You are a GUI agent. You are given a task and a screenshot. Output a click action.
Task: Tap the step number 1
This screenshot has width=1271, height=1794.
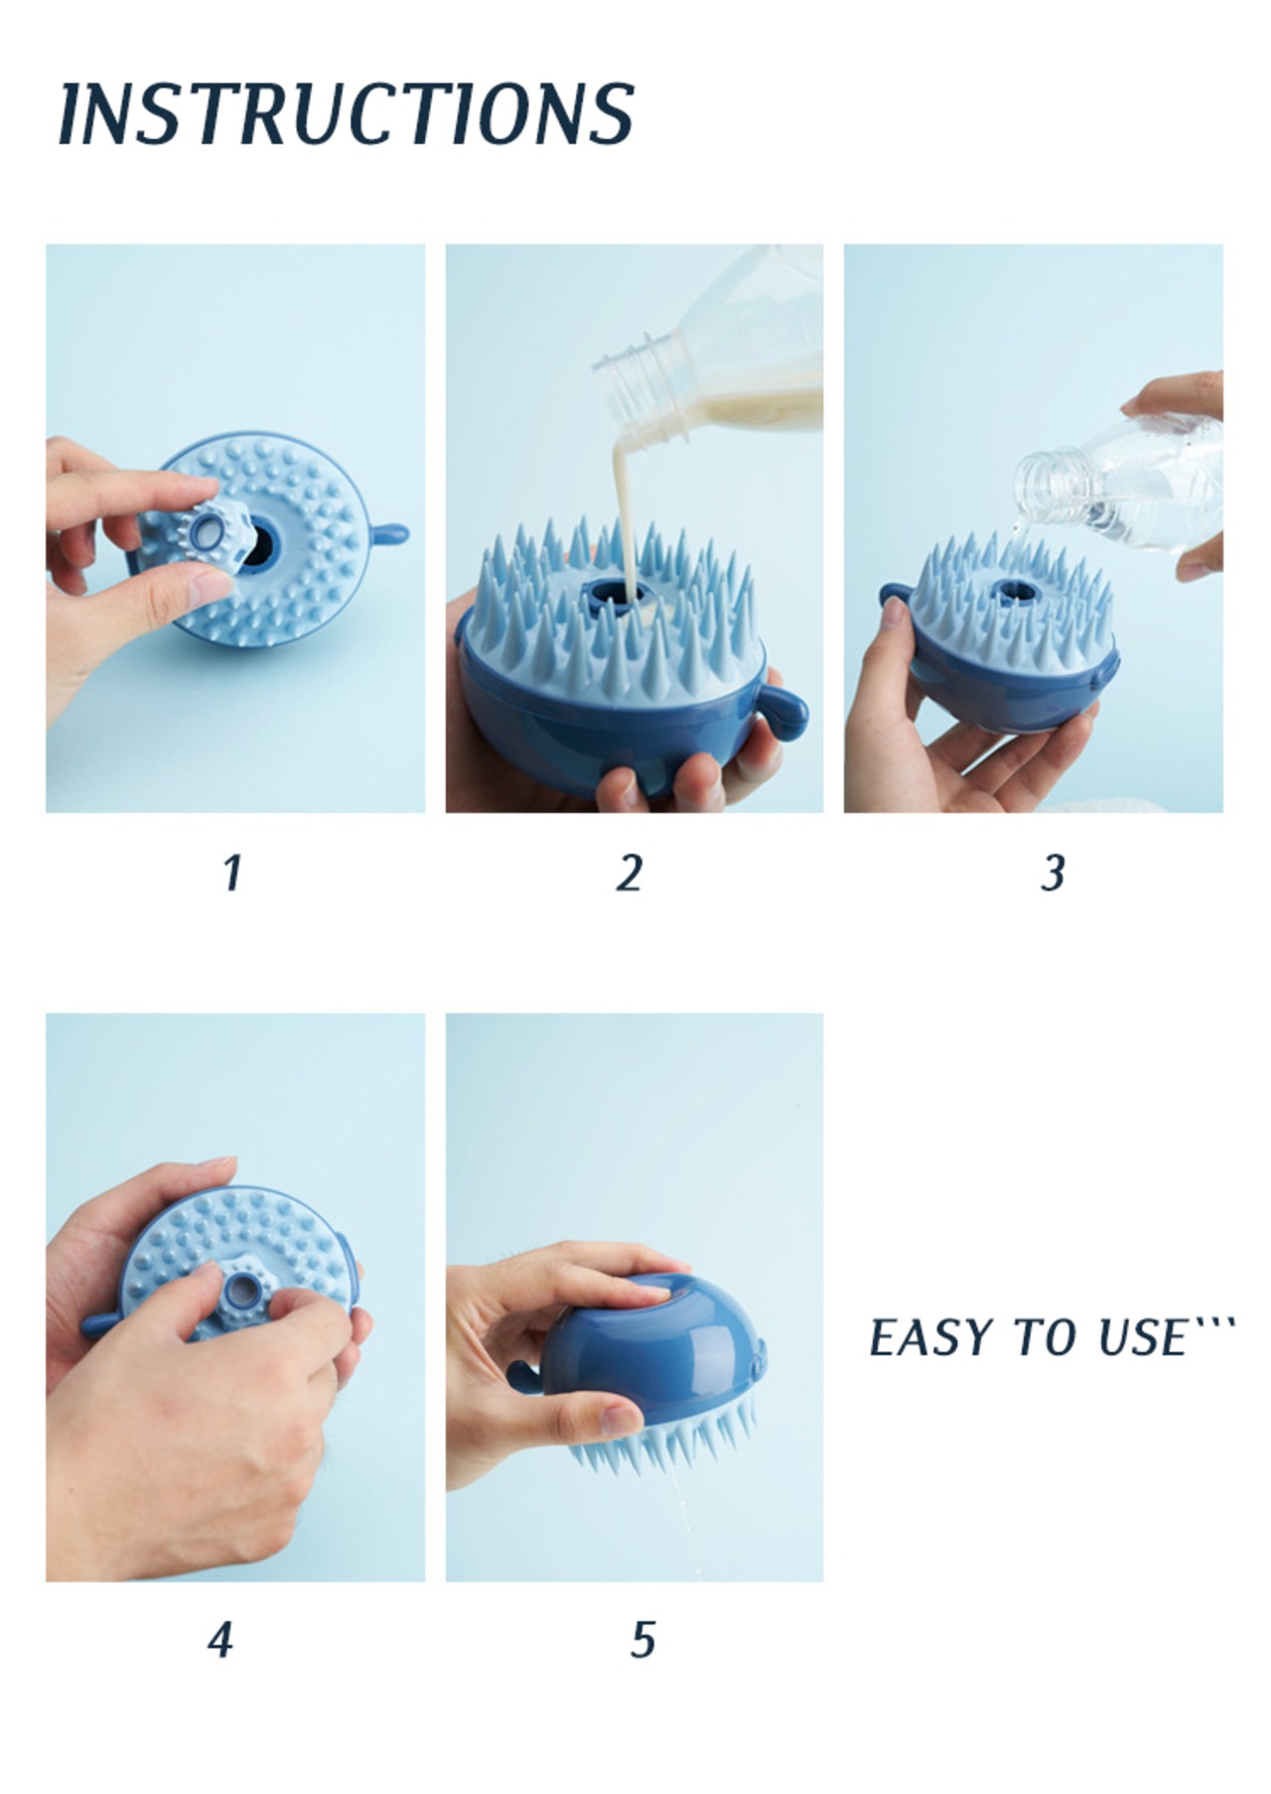point(232,873)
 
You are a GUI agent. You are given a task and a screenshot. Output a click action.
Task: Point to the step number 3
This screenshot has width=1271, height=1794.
point(1054,873)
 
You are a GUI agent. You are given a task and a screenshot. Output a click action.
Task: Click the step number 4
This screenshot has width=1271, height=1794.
point(220,1639)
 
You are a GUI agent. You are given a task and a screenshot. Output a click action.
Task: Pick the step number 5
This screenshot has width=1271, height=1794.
point(643,1639)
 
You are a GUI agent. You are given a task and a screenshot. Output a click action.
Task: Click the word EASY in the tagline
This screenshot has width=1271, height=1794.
point(933,1337)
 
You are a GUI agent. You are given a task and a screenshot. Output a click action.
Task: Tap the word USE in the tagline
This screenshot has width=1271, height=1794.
point(1142,1337)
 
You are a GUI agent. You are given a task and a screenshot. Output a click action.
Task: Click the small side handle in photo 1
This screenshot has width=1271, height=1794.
point(388,535)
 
